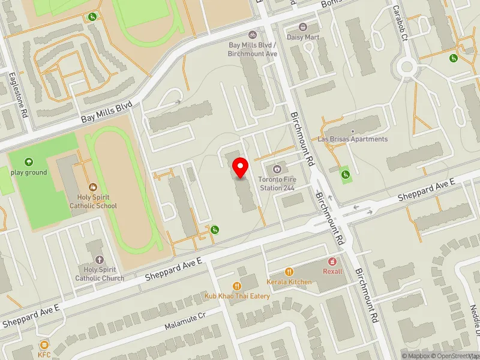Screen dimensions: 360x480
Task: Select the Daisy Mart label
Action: (303, 37)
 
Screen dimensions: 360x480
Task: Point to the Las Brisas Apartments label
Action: (353, 139)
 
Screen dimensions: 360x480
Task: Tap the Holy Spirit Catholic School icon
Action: (92, 187)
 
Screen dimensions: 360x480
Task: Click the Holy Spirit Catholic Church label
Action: (100, 274)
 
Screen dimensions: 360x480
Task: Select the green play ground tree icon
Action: (28, 162)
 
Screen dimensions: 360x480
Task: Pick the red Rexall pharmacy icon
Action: (332, 261)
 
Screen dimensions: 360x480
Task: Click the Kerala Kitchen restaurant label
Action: (289, 282)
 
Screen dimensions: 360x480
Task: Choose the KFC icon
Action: (44, 344)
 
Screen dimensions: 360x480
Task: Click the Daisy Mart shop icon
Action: (303, 27)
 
